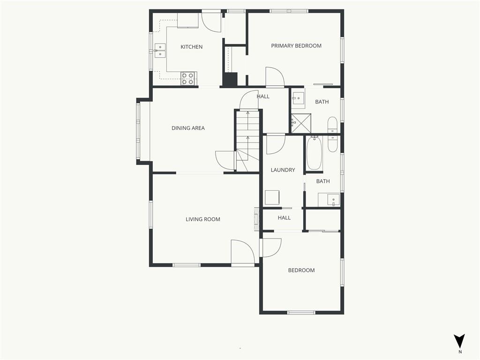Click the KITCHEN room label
(x=191, y=47)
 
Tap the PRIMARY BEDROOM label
(x=296, y=46)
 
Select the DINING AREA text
(x=188, y=128)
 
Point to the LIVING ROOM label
(x=202, y=219)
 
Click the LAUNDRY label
(x=283, y=170)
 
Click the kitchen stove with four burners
(x=188, y=78)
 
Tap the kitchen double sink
(x=160, y=51)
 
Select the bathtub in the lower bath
(x=314, y=153)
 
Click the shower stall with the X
(x=301, y=123)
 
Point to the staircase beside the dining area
(x=247, y=141)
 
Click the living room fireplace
(x=256, y=219)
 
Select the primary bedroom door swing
(x=275, y=76)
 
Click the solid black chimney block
(x=230, y=80)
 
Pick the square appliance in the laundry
(x=272, y=197)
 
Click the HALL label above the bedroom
(x=284, y=218)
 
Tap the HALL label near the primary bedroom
(x=263, y=97)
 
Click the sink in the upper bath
(x=298, y=98)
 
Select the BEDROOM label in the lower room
(x=301, y=270)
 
